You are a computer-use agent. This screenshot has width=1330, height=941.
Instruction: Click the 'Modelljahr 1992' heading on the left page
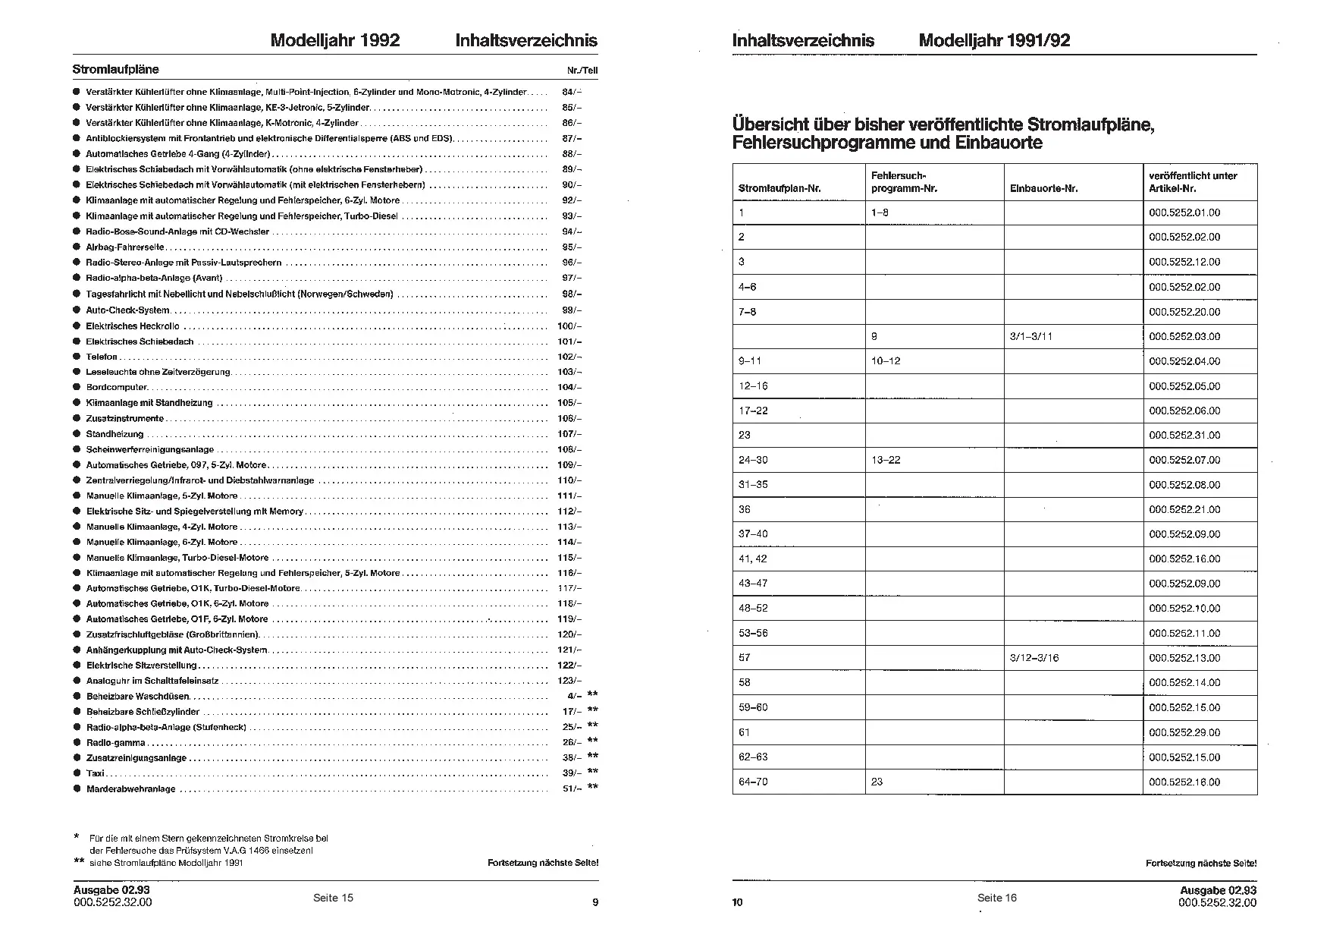click(334, 41)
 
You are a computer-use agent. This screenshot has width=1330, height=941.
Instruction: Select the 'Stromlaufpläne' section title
click(115, 70)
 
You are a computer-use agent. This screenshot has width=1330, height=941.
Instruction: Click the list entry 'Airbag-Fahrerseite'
click(125, 247)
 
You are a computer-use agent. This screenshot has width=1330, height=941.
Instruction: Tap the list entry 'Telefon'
click(102, 357)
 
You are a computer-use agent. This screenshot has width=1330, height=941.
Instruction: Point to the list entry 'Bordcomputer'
click(117, 388)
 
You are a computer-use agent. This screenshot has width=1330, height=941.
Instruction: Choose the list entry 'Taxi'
click(95, 773)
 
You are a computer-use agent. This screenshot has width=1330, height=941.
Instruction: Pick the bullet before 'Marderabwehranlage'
click(77, 789)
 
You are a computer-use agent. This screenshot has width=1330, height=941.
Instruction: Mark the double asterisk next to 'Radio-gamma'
click(592, 741)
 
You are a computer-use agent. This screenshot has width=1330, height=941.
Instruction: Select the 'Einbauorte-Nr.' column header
click(1043, 189)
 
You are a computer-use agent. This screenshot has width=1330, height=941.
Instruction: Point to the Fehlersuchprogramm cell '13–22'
click(886, 460)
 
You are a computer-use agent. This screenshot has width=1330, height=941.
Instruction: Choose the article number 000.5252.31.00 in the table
click(1184, 436)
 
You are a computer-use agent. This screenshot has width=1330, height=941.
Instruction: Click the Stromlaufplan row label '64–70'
click(753, 782)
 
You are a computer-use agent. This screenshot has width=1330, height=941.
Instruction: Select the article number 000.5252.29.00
click(1184, 732)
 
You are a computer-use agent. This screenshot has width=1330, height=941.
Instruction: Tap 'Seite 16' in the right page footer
click(996, 898)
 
